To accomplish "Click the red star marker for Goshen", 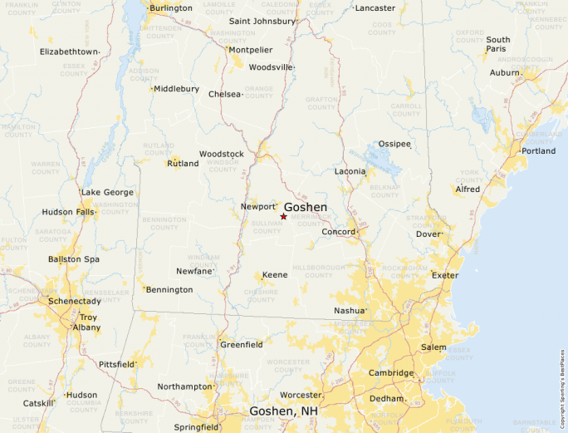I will tap(284, 216).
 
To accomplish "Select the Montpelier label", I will tap(250, 50).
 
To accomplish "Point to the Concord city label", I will tap(339, 232).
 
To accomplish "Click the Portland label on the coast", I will tap(538, 151).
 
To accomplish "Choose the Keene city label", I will tap(275, 275).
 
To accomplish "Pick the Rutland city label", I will tap(183, 164).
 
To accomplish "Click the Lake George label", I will tap(107, 193).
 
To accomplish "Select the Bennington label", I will tap(169, 290).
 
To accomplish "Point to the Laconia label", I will tap(350, 172).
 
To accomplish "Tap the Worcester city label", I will tap(301, 395).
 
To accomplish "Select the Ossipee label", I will tap(394, 144).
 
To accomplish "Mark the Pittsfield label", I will tap(115, 365).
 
